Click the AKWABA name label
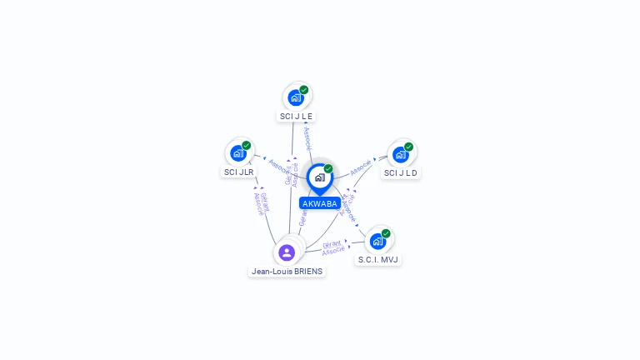coord(320,203)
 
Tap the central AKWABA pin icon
coord(319,177)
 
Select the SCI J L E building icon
coord(296,97)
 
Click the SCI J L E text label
coord(297,116)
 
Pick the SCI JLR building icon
coord(238,153)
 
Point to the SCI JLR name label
coord(238,172)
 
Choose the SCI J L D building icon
coord(401,155)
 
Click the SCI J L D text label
coord(401,172)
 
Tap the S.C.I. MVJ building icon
coord(378,242)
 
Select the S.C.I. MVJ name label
coord(378,259)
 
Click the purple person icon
coord(287,252)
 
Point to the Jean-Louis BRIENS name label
coord(287,271)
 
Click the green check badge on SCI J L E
coord(304,90)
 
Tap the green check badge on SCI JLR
coord(247,146)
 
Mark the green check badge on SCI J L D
coord(408,147)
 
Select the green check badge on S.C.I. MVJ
coord(386,234)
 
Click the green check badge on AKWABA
coord(328,169)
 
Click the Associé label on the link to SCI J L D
coord(361,166)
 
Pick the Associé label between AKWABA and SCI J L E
coord(307,138)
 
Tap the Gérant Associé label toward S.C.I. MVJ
coord(332,247)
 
